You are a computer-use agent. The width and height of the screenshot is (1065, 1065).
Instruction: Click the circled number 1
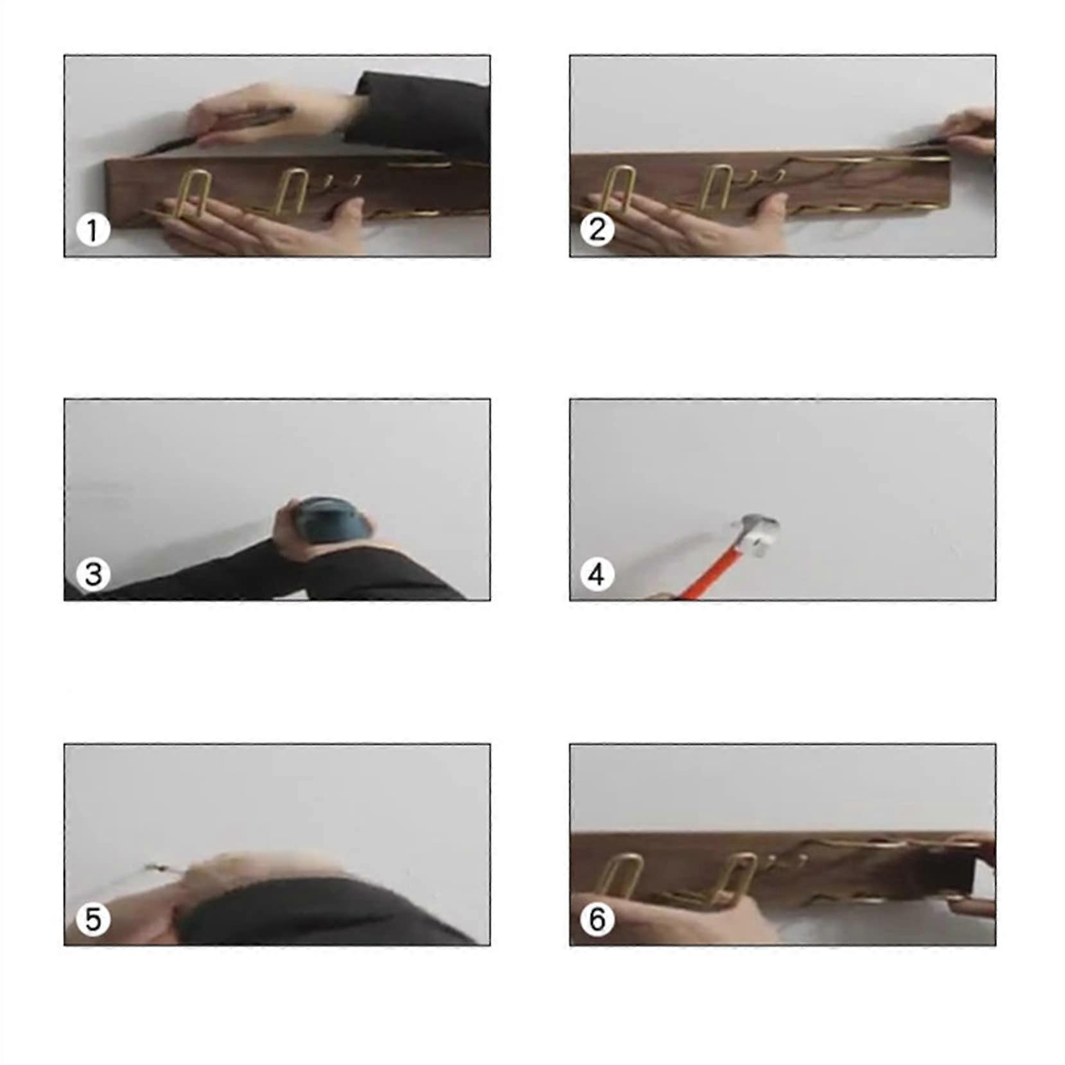click(x=92, y=229)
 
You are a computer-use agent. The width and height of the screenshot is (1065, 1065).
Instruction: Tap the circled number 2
click(x=597, y=229)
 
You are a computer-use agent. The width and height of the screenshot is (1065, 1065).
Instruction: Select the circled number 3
click(x=92, y=574)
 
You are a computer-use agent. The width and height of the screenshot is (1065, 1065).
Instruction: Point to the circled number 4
click(x=597, y=574)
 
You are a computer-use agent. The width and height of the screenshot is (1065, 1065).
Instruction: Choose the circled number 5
click(x=92, y=919)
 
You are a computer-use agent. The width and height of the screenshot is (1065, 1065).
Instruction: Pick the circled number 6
click(x=597, y=919)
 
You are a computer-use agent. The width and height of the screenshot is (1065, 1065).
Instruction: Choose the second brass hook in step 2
click(x=720, y=187)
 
